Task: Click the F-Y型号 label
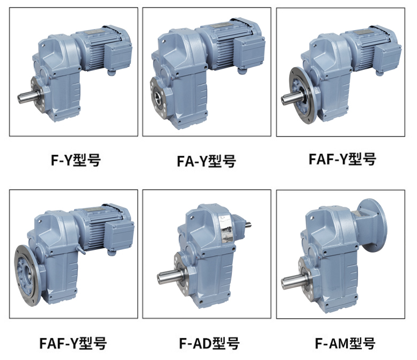point(76,160)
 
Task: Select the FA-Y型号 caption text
point(207,161)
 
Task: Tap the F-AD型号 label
point(209,343)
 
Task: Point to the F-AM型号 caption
point(345,343)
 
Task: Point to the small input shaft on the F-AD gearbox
point(248,225)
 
